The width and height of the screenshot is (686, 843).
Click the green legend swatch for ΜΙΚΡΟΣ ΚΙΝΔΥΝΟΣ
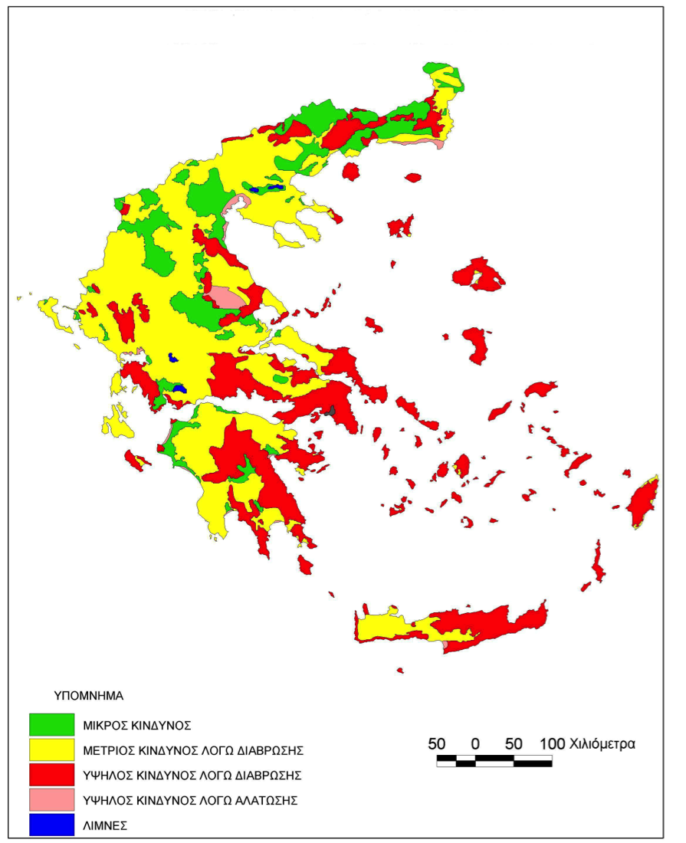tap(51, 723)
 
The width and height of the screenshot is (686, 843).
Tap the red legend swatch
tap(51, 775)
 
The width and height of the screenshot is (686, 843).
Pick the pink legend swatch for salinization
tap(51, 800)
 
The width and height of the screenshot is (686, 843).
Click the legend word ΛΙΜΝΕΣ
tap(104, 826)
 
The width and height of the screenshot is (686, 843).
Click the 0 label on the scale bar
tap(475, 743)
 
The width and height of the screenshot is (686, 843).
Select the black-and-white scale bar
tap(494, 760)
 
